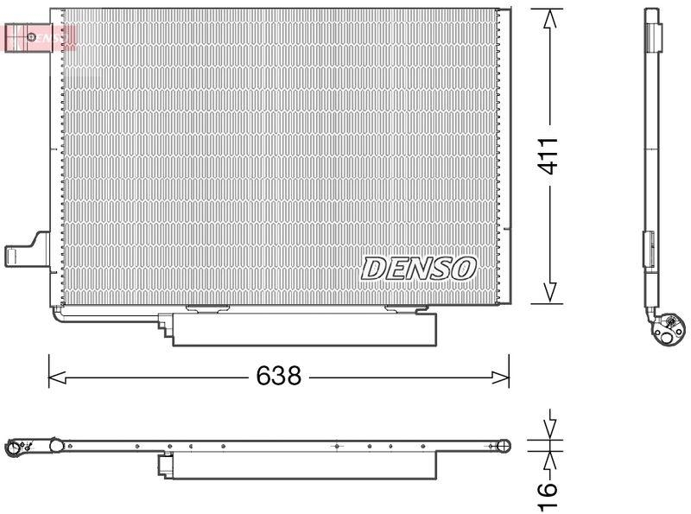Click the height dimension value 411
tap(550, 155)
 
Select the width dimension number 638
tap(278, 377)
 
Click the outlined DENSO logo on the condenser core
tap(419, 268)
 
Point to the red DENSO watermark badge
tap(40, 37)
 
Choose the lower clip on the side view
tap(649, 251)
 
